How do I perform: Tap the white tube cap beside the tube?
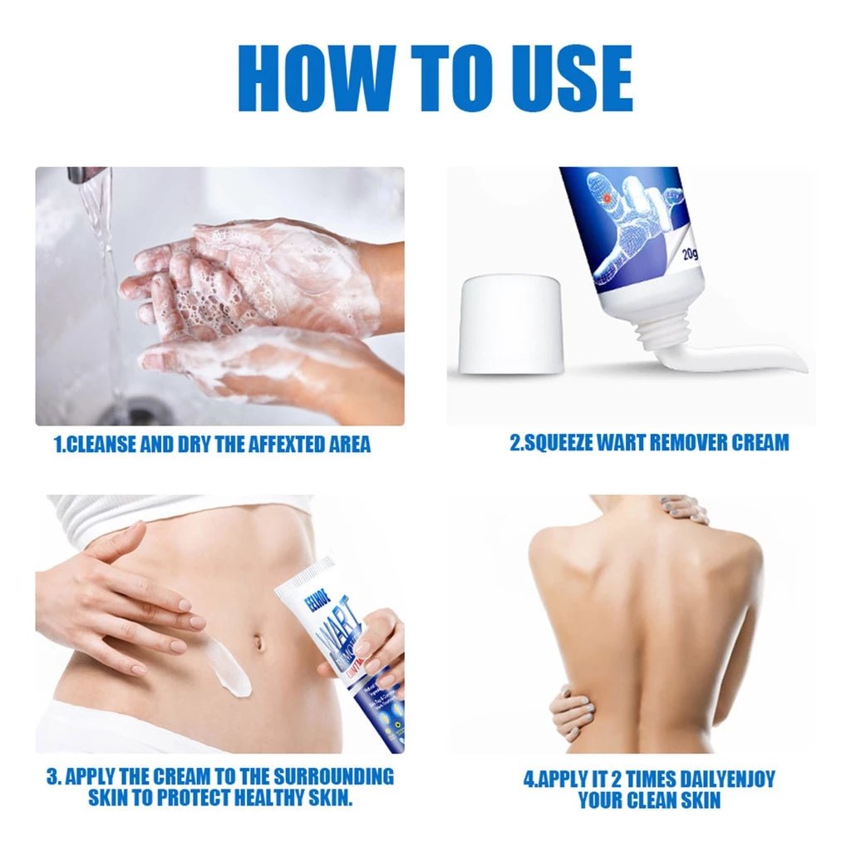point(511,325)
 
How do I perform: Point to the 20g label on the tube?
point(691,254)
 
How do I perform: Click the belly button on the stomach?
point(260,642)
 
